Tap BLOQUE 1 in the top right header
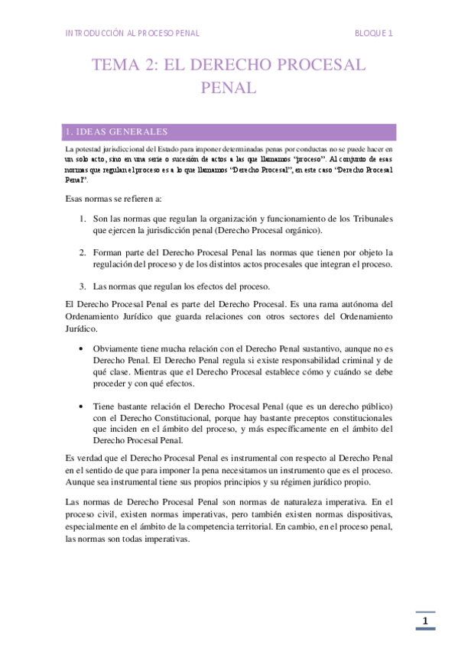pyautogui.click(x=374, y=34)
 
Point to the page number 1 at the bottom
pyautogui.click(x=424, y=622)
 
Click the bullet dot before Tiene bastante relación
pyautogui.click(x=82, y=406)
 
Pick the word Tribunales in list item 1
pyautogui.click(x=369, y=218)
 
